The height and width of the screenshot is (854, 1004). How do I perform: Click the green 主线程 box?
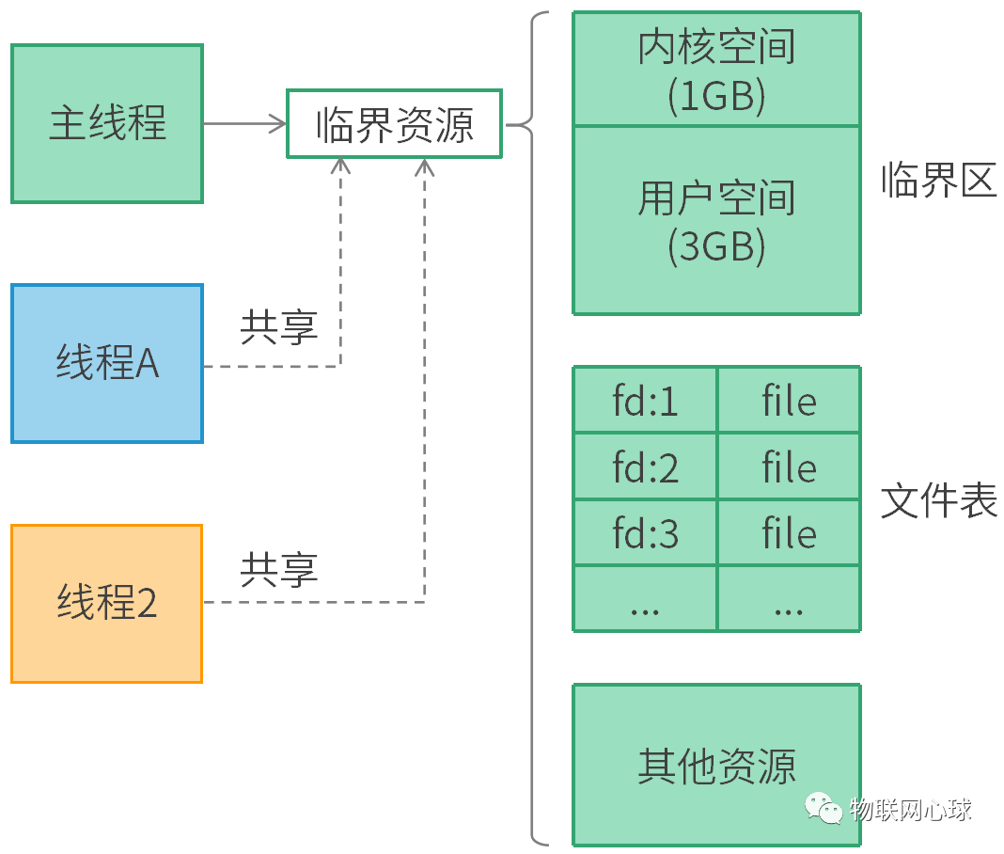click(106, 123)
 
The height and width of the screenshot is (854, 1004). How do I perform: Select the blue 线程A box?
click(106, 363)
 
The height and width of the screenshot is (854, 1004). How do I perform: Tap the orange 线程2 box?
click(106, 603)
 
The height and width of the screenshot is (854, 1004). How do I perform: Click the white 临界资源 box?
click(394, 123)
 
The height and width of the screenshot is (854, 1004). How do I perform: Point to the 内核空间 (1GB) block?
click(716, 70)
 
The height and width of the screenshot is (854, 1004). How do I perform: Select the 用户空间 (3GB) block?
click(716, 220)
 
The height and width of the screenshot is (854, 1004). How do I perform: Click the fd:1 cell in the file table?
click(645, 401)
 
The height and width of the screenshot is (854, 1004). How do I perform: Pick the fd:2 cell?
click(645, 467)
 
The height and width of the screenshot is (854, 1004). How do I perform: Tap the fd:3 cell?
click(645, 533)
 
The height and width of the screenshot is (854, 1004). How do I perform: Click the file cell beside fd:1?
click(789, 401)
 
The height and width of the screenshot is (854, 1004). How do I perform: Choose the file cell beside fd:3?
click(789, 533)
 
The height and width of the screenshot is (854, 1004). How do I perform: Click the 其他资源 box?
click(716, 765)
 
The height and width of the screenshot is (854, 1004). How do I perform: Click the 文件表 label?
click(938, 500)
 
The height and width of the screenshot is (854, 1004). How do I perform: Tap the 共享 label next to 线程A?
click(279, 326)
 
